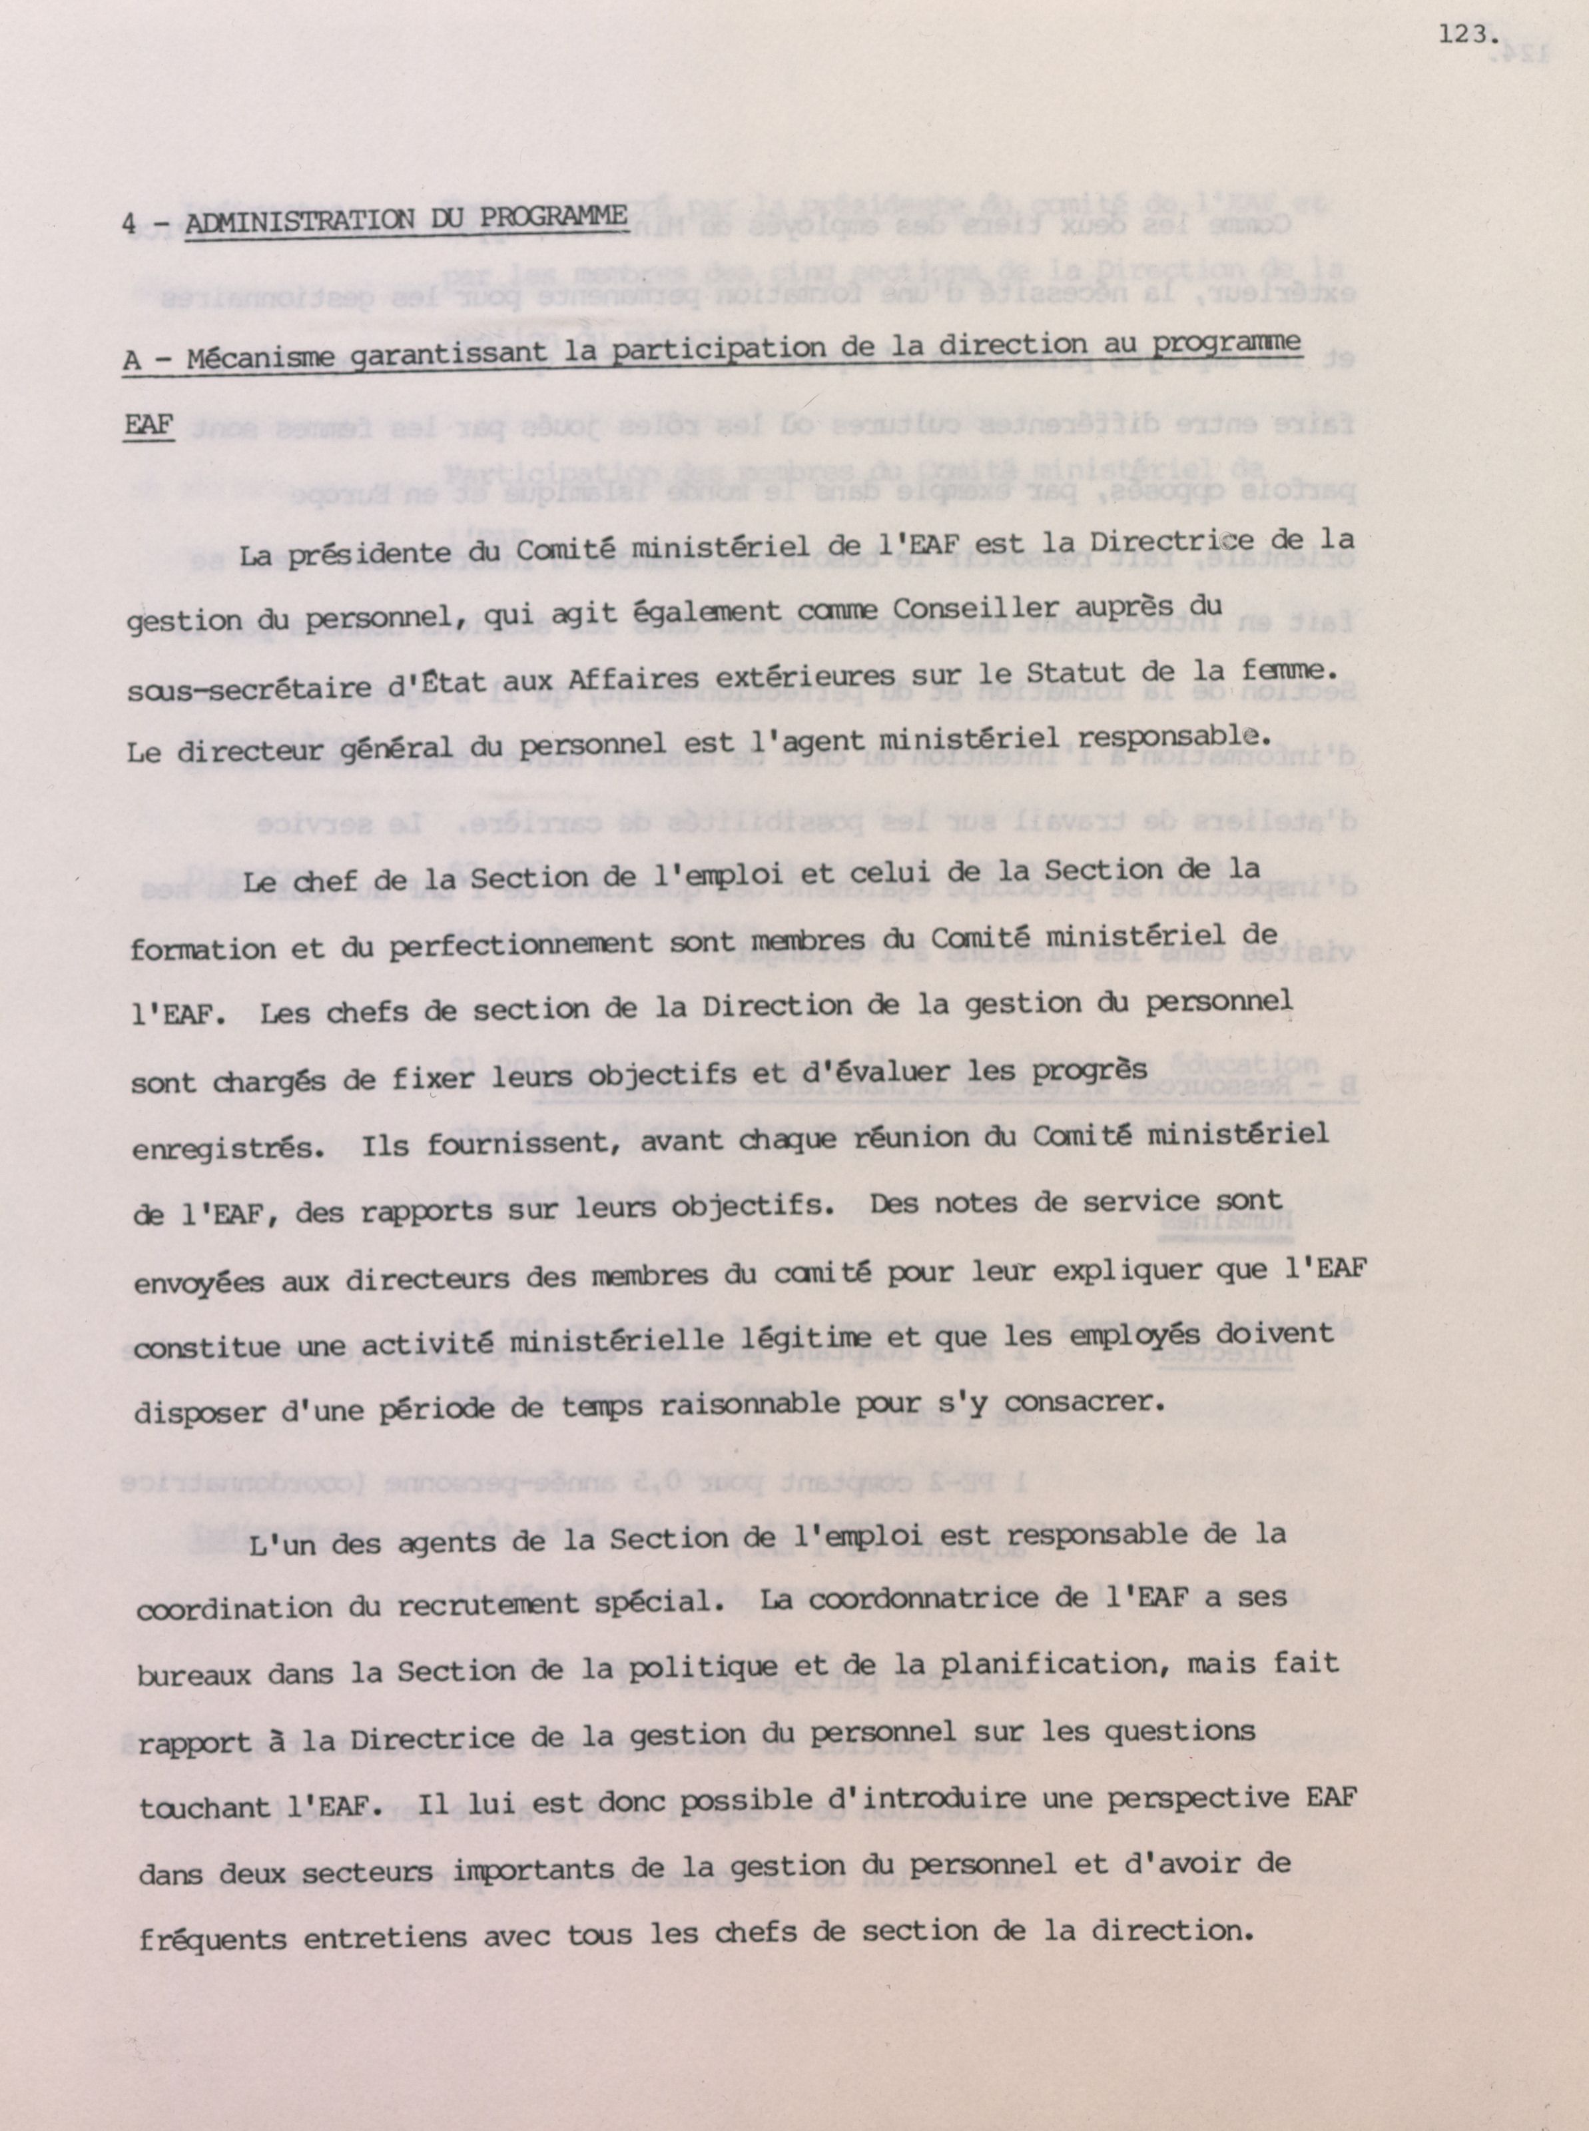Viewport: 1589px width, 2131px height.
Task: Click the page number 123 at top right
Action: [1462, 35]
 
